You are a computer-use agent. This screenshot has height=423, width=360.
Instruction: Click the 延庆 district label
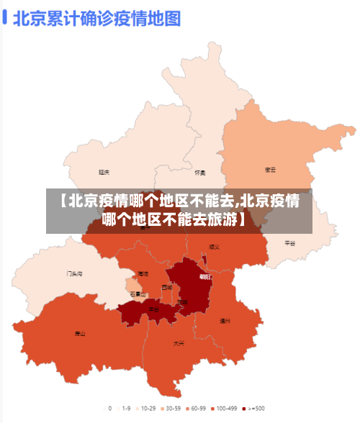point(104,173)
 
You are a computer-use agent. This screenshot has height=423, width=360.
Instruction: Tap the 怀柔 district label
point(200,173)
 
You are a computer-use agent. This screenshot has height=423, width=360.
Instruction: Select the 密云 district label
point(271,170)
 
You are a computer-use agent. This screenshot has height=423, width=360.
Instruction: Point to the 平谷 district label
point(290,243)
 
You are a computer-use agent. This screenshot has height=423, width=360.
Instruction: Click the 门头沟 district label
point(74,273)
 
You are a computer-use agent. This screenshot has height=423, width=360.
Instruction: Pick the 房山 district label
point(80,333)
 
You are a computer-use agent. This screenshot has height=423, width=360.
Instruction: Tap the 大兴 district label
point(179,343)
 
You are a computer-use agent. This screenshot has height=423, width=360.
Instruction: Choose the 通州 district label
point(225,321)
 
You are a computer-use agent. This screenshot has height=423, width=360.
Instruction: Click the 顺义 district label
point(214,247)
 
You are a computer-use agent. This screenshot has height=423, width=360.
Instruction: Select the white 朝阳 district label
point(205,276)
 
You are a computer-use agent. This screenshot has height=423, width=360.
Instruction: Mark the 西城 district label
point(167,287)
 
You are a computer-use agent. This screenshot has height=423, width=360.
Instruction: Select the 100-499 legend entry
point(226,408)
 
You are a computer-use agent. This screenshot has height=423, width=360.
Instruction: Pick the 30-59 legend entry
point(171,408)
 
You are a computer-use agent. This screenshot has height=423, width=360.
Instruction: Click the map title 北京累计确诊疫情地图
point(96,18)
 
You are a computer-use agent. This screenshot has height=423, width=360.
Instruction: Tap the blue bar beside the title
point(6,18)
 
